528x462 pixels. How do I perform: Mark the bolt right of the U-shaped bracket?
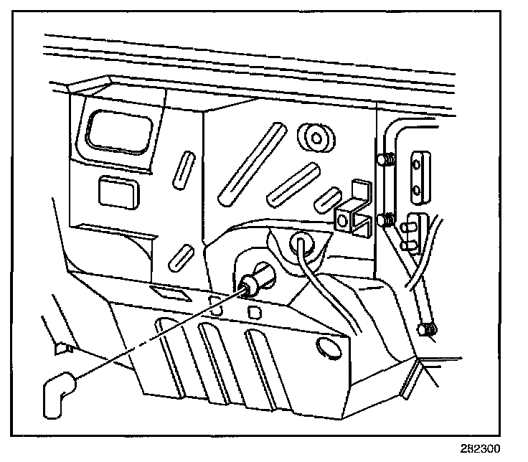click(387, 219)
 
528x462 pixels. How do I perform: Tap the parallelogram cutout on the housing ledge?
click(166, 292)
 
